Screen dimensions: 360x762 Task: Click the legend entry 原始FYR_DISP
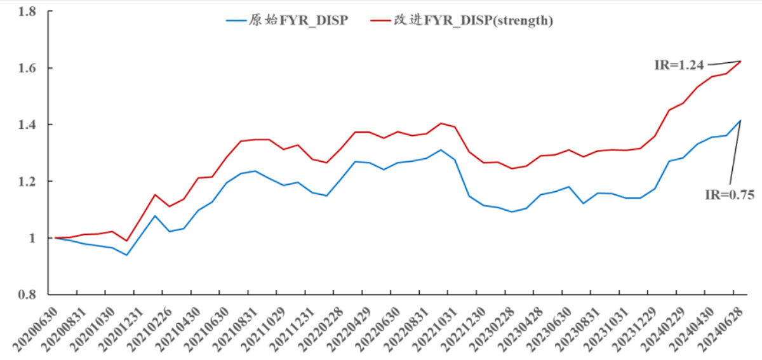(x=287, y=20)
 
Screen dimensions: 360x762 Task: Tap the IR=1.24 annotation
(x=679, y=64)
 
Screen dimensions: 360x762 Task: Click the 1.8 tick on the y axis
(x=25, y=11)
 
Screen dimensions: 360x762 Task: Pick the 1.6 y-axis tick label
(x=25, y=68)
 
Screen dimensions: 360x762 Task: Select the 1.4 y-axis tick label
(x=25, y=124)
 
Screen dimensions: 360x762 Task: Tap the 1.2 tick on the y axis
(x=25, y=182)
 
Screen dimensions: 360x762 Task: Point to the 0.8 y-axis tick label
(x=25, y=295)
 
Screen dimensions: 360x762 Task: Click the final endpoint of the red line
(x=740, y=62)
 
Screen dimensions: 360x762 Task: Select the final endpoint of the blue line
(x=740, y=121)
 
